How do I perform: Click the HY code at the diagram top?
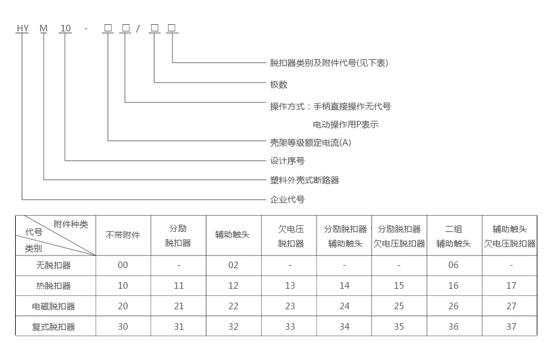pyautogui.click(x=22, y=28)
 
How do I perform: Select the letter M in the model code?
pyautogui.click(x=44, y=28)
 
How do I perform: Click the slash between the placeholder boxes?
pyautogui.click(x=138, y=28)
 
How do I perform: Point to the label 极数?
pyautogui.click(x=279, y=85)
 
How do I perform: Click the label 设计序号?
pyautogui.click(x=287, y=161)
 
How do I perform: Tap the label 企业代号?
pyautogui.click(x=287, y=199)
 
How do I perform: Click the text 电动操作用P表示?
pyautogui.click(x=345, y=125)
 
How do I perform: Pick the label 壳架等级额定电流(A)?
pyautogui.click(x=310, y=143)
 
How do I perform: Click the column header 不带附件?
pyautogui.click(x=123, y=235)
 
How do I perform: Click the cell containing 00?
pyautogui.click(x=123, y=265)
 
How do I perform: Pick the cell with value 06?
pyautogui.click(x=453, y=265)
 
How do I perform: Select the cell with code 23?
pyautogui.click(x=290, y=306)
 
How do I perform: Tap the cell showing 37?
pyautogui.click(x=511, y=327)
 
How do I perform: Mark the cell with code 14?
pyautogui.click(x=344, y=286)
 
